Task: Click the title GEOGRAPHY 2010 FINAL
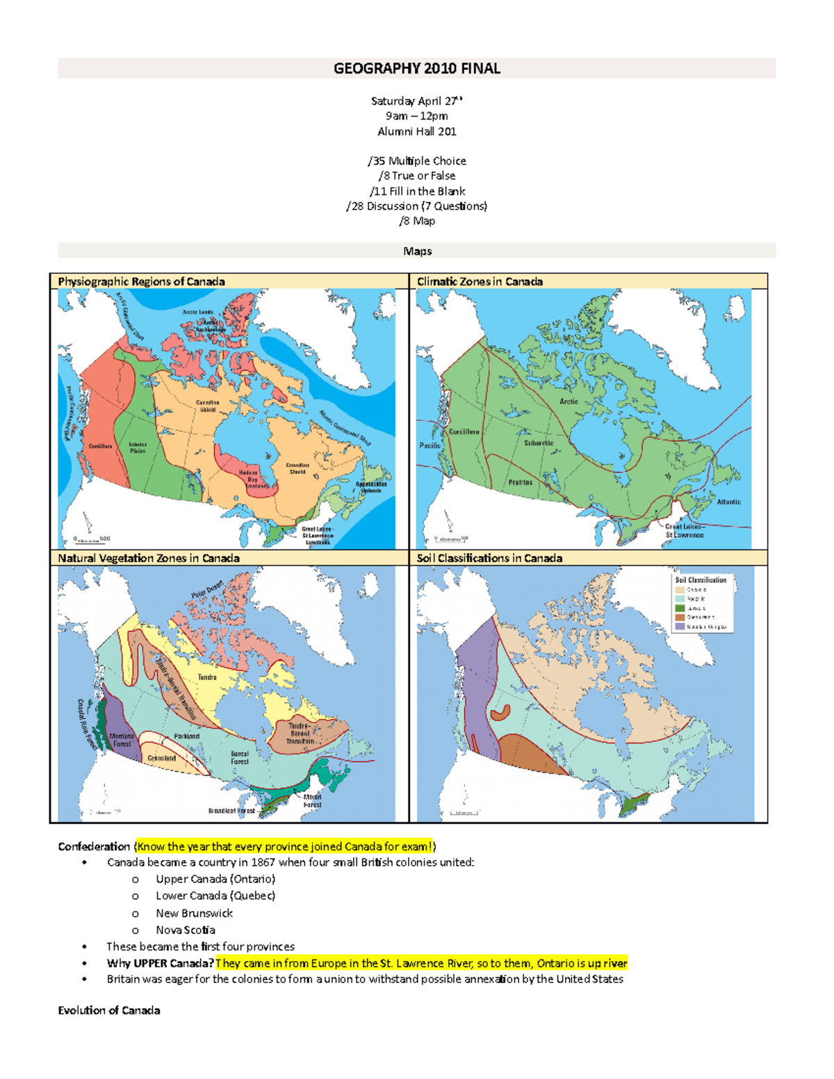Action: (x=416, y=68)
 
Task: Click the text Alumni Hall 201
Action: (x=416, y=131)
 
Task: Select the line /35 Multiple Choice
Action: (x=416, y=160)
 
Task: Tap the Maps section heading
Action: (x=417, y=251)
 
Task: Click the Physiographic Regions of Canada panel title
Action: (x=141, y=281)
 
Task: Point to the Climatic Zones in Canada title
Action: (x=480, y=281)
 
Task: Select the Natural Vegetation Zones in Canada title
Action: (x=149, y=558)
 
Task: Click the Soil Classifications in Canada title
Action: (x=489, y=558)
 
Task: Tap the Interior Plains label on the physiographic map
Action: (x=138, y=447)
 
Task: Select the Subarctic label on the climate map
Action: (x=539, y=443)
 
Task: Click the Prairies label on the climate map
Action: (x=520, y=482)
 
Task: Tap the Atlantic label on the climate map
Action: (x=728, y=502)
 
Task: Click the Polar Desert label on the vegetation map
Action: (x=207, y=589)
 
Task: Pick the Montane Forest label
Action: (x=122, y=740)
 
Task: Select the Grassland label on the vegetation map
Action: (x=161, y=758)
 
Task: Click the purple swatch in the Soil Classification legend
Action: (x=680, y=626)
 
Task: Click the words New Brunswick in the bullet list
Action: (x=194, y=913)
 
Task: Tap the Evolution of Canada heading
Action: (x=109, y=1010)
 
